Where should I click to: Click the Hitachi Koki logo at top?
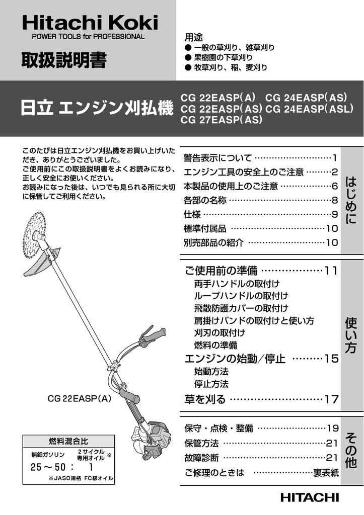(89, 23)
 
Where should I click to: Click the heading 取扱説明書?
(63, 60)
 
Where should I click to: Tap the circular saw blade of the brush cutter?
(35, 234)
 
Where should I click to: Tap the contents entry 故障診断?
(201, 458)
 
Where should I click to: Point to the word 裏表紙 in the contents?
(326, 473)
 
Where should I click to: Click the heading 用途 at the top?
(194, 38)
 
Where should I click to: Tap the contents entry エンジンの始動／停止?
(235, 359)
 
